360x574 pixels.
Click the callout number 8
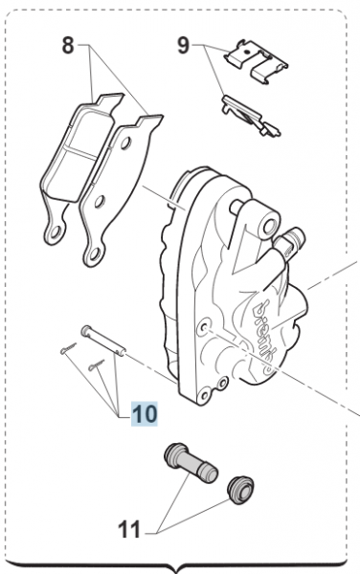(68, 46)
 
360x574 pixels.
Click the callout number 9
(184, 46)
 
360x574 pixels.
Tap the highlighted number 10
(145, 413)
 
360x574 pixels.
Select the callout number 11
(129, 530)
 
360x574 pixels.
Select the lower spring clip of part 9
(251, 116)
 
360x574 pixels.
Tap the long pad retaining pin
(103, 341)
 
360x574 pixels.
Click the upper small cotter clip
(68, 348)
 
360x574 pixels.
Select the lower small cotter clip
(97, 365)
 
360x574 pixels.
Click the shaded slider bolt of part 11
(191, 463)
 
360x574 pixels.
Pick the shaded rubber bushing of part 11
(240, 490)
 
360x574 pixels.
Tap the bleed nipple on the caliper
(291, 242)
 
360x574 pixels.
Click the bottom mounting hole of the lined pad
(56, 232)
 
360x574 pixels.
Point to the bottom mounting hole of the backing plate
(94, 254)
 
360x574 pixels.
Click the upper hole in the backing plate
(125, 143)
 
